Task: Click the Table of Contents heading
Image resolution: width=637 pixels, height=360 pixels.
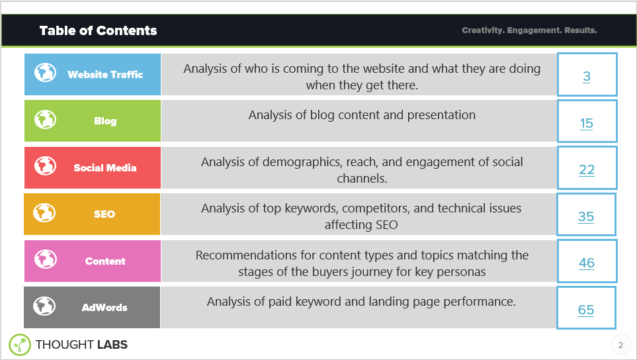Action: (x=98, y=30)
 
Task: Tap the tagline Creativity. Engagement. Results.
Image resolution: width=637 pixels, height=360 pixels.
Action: (x=529, y=30)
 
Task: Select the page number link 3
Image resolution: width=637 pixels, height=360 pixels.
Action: (x=587, y=77)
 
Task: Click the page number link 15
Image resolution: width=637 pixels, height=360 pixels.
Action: (x=587, y=124)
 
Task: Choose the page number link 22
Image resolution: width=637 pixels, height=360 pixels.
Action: (x=587, y=170)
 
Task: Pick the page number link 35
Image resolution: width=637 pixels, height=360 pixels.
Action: (x=586, y=217)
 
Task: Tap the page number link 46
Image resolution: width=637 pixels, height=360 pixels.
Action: (x=587, y=263)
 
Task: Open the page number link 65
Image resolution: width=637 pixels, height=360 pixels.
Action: (x=586, y=310)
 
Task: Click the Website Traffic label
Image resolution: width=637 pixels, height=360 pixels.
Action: (x=105, y=75)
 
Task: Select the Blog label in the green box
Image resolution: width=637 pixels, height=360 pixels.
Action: (x=105, y=121)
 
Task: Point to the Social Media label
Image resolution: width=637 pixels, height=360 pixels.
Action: (x=105, y=168)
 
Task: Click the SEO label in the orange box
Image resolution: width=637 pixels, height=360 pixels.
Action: (x=105, y=214)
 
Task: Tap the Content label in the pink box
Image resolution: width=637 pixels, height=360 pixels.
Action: (x=105, y=261)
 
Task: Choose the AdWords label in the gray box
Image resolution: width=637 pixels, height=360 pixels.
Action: (x=105, y=308)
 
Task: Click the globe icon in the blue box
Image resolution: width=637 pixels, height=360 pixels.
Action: (x=46, y=73)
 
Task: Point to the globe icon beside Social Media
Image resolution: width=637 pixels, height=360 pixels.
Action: (x=46, y=166)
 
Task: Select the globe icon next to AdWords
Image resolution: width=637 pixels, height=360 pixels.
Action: (x=46, y=306)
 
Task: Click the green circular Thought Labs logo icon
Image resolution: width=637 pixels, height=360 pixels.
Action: (x=20, y=344)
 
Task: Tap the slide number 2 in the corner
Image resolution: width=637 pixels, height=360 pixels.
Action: (x=620, y=345)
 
